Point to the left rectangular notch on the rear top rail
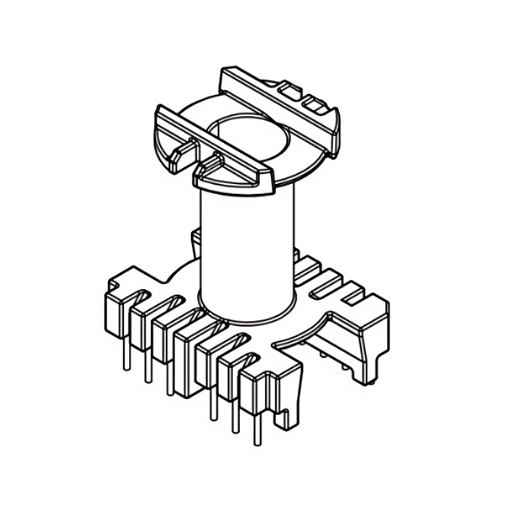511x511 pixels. point(291,91)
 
